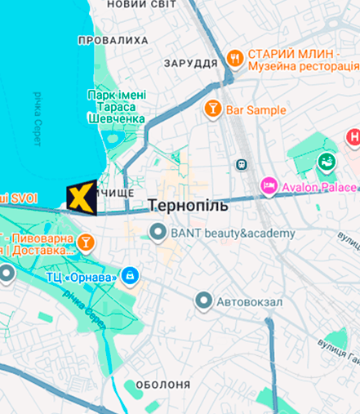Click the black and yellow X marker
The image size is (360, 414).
click(81, 198)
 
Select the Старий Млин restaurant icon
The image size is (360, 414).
click(234, 57)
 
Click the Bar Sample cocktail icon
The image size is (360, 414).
click(212, 109)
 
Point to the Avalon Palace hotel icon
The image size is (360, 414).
click(269, 186)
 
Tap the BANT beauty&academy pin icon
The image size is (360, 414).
click(158, 234)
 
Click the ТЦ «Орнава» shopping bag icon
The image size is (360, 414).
click(129, 274)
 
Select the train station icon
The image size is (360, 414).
click(242, 164)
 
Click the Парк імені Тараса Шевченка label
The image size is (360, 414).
click(116, 107)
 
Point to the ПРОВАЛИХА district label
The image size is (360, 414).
click(113, 39)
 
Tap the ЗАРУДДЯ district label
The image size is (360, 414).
click(190, 63)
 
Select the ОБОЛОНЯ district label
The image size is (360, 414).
click(162, 385)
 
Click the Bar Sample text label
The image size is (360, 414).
click(256, 109)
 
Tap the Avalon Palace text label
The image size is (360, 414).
click(318, 187)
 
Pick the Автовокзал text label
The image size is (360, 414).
click(250, 302)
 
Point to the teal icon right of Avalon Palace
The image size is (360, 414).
click(327, 160)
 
